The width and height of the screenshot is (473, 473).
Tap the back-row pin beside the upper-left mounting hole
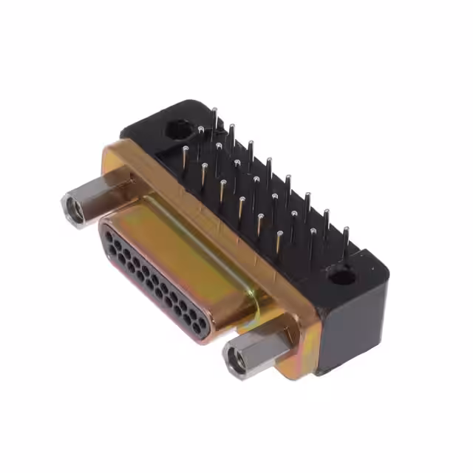[214, 118]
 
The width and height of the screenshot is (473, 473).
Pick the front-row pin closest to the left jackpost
[185, 159]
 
